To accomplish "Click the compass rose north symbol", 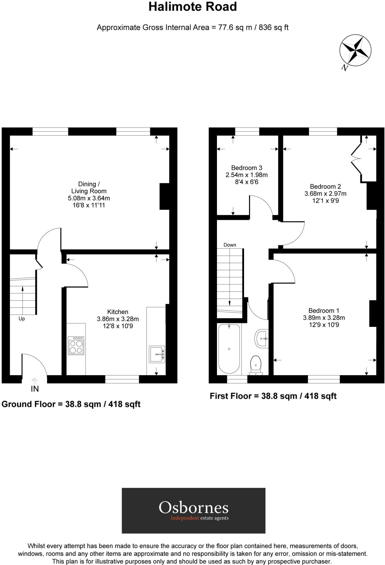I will pos(355,50).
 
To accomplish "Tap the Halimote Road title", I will pos(193,7).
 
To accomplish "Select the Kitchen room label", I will pos(118,312).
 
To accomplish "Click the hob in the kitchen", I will pos(76,345).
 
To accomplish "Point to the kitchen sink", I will pos(157,354).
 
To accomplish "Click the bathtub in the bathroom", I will pos(229,349).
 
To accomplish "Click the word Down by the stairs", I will pos(230,245).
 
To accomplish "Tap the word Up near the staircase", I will pos(22,319).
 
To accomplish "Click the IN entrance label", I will pos(35,389).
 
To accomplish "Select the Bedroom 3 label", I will pos(247,168).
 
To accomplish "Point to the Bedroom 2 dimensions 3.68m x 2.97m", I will pos(325,194).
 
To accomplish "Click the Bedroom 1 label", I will pos(324,311).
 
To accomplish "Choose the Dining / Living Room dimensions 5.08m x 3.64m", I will pos(89,198).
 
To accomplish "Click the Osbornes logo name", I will pos(193,508).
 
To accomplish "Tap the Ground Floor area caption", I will pos(71,404).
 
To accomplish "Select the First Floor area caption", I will pos(273,396).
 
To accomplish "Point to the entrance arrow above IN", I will pos(35,381).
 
